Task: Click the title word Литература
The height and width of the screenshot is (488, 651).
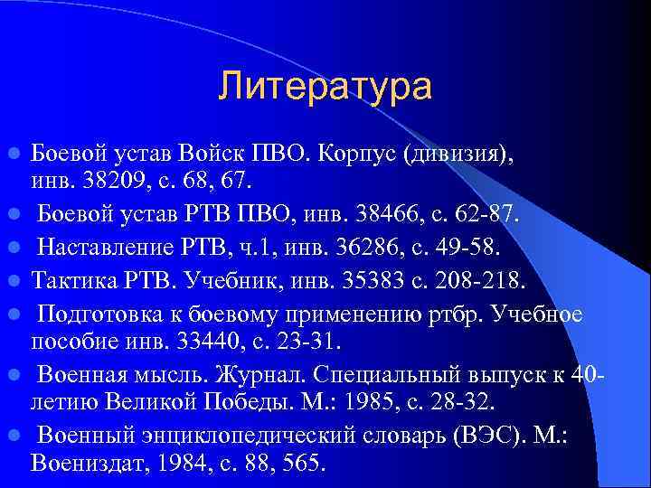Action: [325, 88]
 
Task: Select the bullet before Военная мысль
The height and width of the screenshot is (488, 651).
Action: [15, 371]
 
